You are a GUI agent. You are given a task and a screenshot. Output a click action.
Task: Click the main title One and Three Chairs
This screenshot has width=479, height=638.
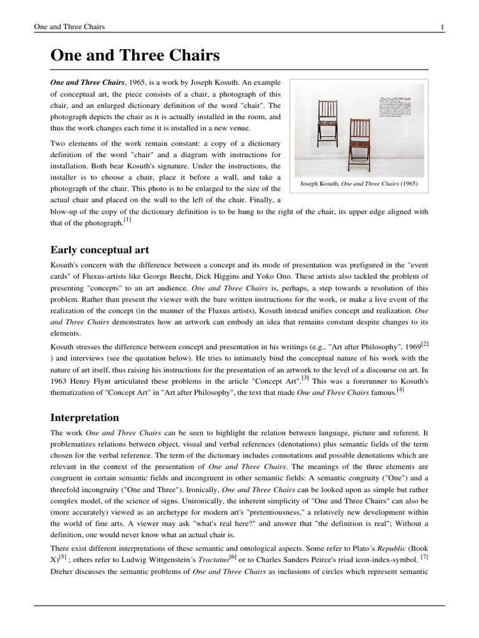pos(135,56)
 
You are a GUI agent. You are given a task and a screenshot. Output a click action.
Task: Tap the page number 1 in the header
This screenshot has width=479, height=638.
pos(442,27)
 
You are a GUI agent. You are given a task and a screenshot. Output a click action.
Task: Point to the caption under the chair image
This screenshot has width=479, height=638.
pos(359,184)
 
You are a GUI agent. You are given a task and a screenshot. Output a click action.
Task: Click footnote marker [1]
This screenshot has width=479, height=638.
pos(127,221)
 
